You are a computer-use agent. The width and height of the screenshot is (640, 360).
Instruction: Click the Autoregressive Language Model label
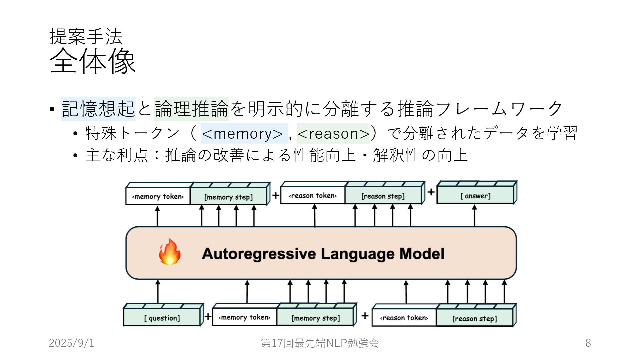coord(323,254)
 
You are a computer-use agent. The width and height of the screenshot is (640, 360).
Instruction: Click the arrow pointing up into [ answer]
coord(474,215)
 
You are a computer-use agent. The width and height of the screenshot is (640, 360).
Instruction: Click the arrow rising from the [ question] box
coord(158,291)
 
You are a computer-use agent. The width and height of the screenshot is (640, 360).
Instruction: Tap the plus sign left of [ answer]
coord(431,192)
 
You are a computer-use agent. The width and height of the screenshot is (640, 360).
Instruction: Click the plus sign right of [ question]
coord(208,316)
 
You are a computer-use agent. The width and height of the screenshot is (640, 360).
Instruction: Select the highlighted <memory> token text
coord(242,133)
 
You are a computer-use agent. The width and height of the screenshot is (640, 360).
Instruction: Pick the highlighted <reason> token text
coord(334,133)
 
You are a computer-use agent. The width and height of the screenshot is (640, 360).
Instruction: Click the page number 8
coord(588,343)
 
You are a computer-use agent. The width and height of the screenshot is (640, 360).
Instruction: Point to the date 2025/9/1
coord(72,343)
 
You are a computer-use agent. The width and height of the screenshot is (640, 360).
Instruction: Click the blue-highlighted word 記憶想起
coord(98,109)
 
